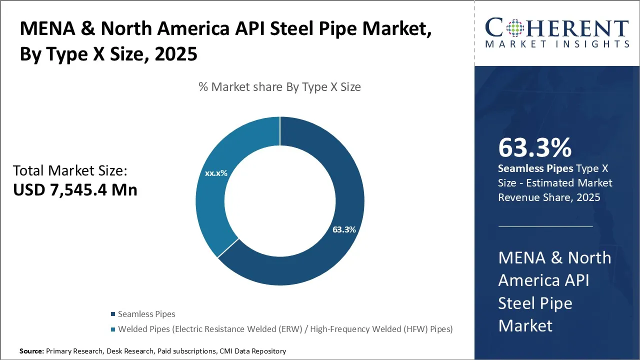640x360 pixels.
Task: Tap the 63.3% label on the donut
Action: pos(344,230)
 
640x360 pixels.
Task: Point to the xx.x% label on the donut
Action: pos(216,173)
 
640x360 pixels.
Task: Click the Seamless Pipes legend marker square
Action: pos(112,314)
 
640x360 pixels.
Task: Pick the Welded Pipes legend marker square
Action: pos(112,329)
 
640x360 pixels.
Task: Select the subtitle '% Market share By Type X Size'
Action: pos(279,87)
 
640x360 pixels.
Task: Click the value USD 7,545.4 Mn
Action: pos(75,190)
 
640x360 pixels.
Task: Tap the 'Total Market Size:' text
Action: pos(70,171)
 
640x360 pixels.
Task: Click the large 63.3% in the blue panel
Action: pos(534,148)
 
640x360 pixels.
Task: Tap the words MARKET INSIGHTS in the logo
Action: pos(556,44)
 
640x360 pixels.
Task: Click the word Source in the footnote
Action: pos(31,351)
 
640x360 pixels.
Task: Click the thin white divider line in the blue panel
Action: pos(545,226)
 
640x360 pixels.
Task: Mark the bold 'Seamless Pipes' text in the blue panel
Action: pos(534,168)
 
